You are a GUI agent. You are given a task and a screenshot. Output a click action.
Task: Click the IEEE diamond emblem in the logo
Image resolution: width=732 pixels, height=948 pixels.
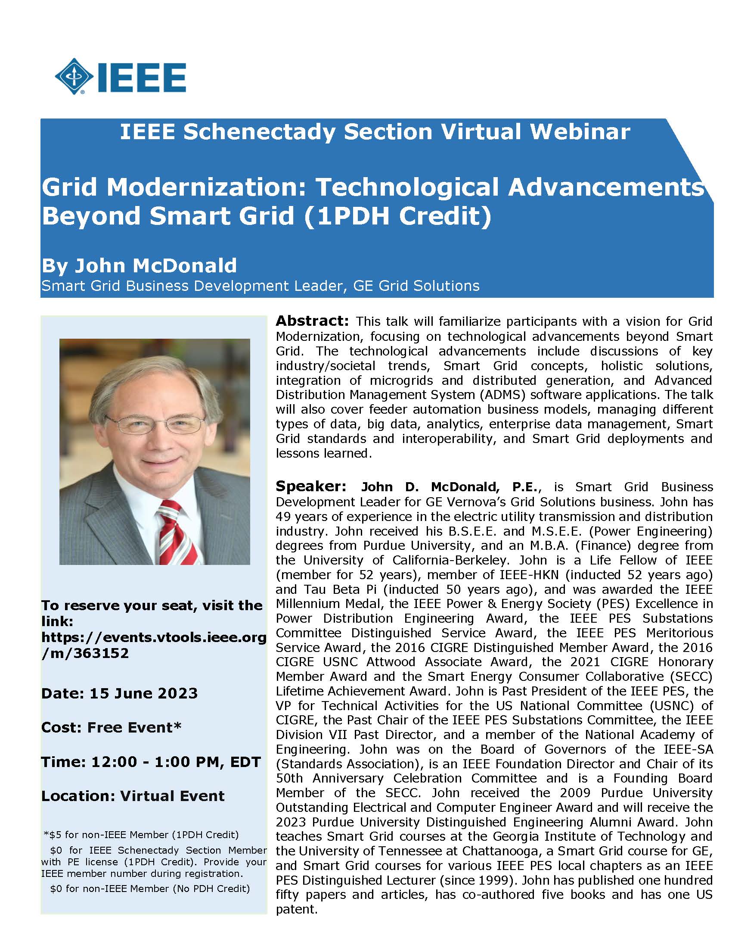74,76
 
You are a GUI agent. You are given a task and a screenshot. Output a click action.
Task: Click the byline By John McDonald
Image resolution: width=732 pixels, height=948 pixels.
139,265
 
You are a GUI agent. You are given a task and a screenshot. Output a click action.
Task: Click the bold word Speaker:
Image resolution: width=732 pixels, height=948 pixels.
310,486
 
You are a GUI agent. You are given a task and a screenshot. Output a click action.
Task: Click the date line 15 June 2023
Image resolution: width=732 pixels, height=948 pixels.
143,693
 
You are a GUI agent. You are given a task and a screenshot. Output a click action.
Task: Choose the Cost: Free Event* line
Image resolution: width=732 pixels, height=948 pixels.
111,727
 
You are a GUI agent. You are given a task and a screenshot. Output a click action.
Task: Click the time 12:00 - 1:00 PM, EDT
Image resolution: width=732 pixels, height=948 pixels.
176,762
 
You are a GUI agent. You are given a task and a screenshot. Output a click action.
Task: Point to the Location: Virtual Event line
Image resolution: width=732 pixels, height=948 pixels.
133,795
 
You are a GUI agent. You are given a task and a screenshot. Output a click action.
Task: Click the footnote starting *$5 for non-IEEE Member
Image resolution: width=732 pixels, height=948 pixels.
141,834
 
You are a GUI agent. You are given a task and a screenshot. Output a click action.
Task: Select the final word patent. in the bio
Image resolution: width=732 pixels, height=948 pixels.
297,909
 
